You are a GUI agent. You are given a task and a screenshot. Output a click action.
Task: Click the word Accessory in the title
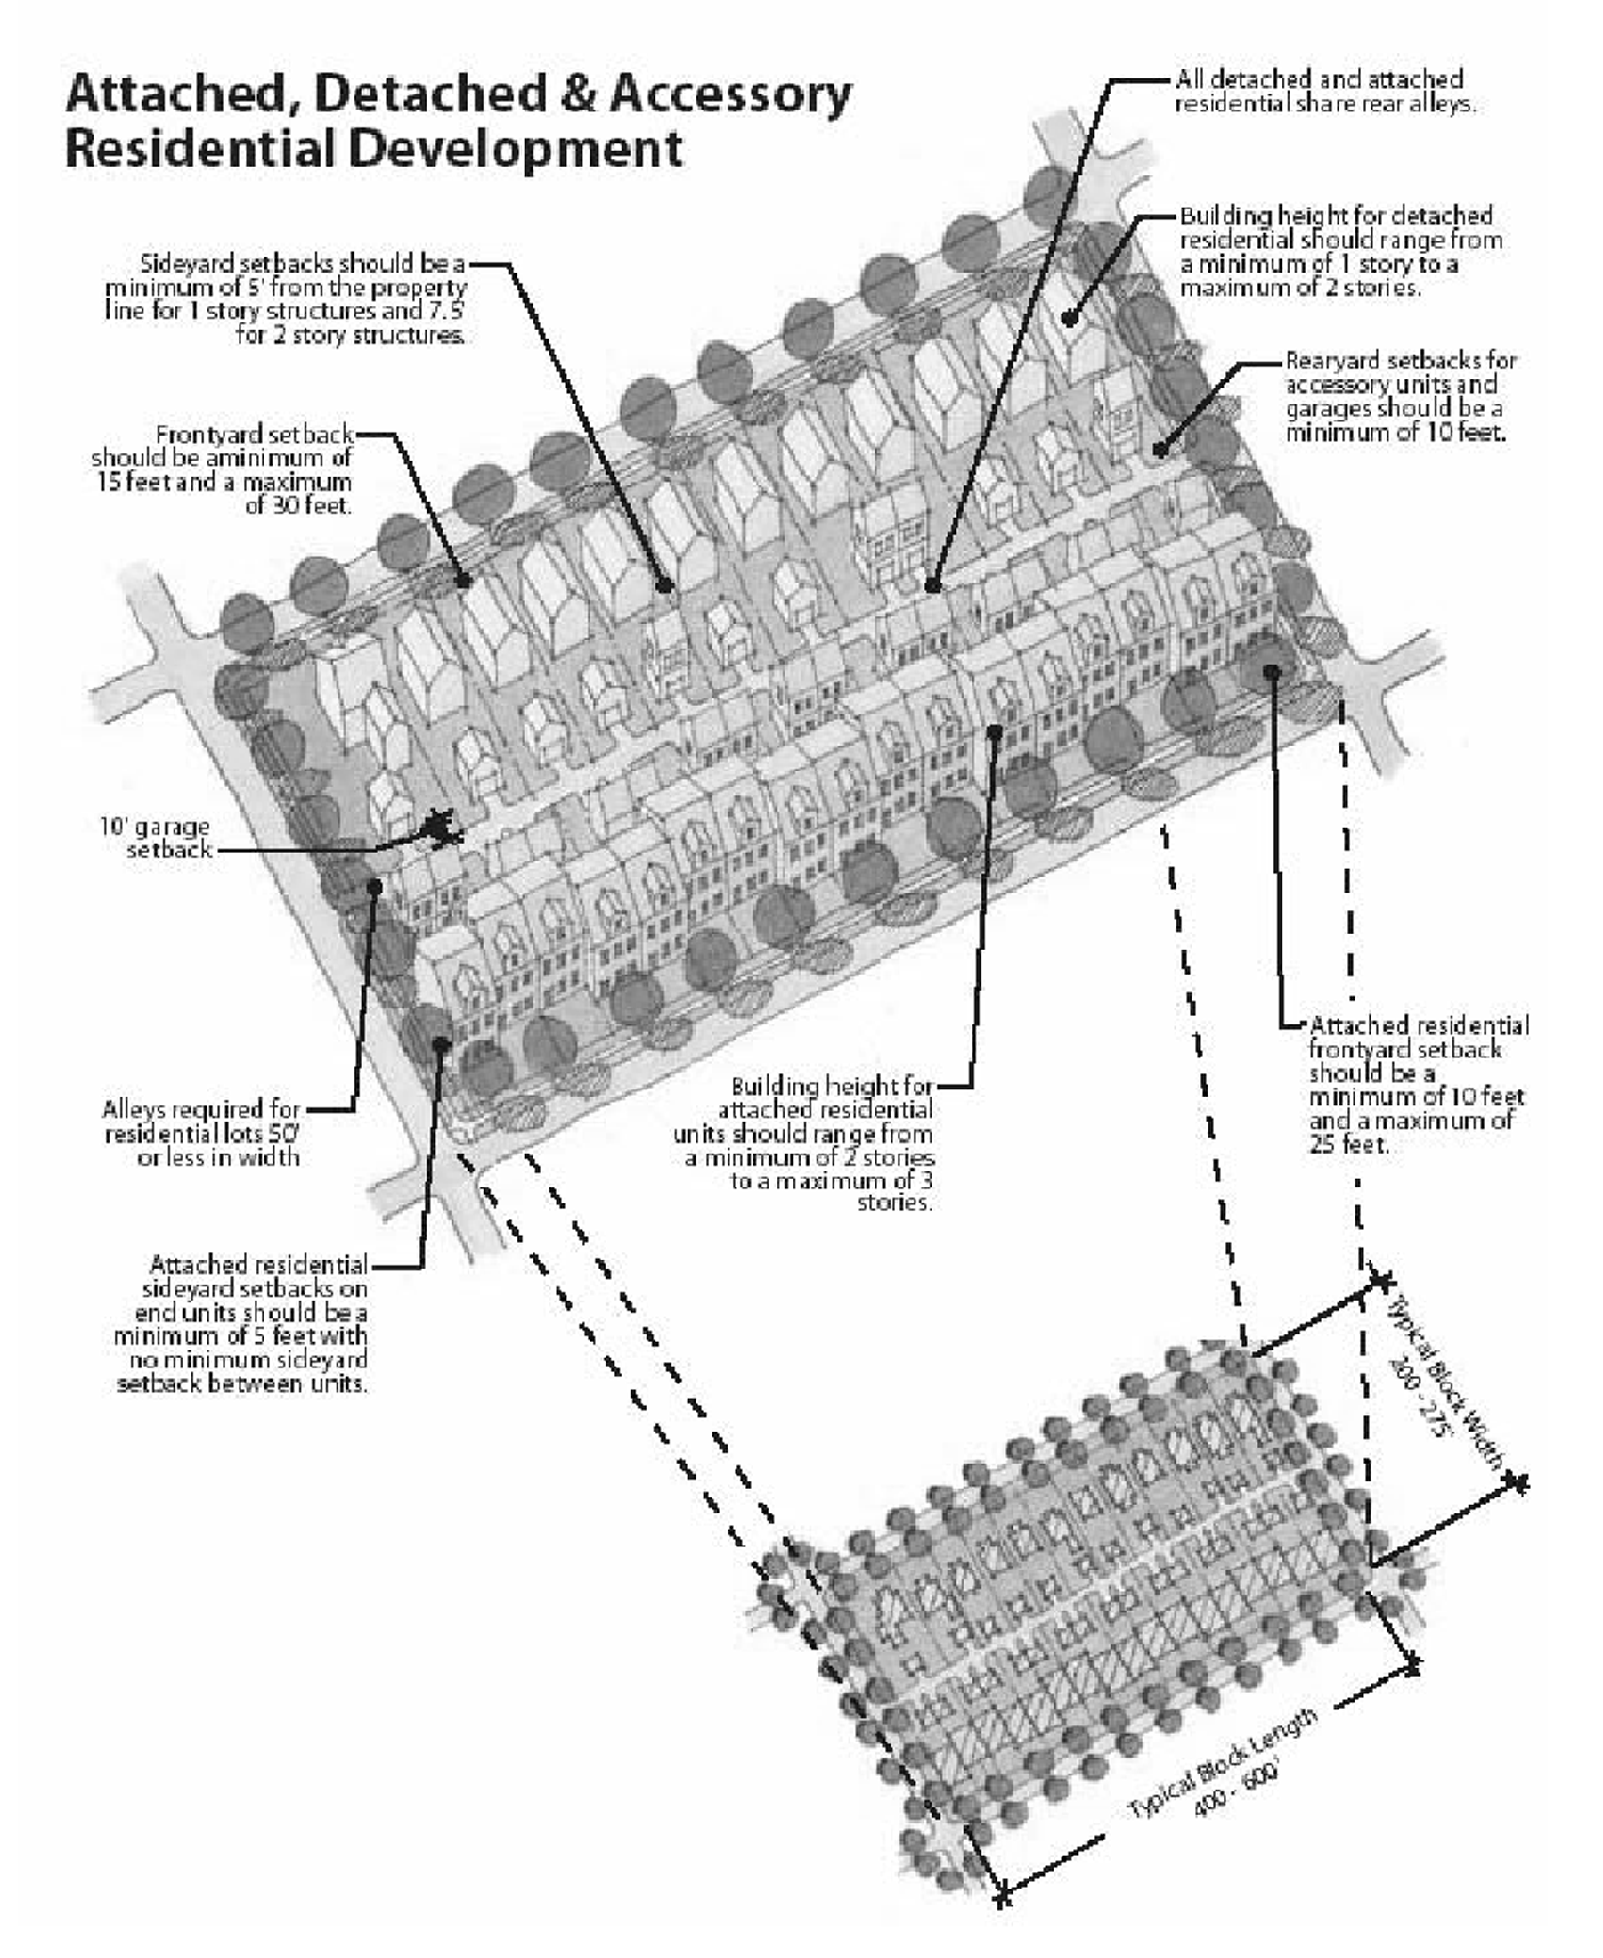click(x=729, y=95)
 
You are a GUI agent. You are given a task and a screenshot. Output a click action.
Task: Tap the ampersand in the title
click(x=577, y=95)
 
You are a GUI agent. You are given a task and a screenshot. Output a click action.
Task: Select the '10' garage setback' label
click(x=156, y=837)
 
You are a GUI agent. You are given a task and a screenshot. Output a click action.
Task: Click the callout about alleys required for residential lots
click(x=202, y=1132)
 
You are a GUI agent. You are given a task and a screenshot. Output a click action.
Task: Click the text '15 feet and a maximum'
click(x=224, y=481)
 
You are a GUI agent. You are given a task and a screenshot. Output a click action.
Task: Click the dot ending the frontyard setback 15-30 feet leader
click(x=464, y=581)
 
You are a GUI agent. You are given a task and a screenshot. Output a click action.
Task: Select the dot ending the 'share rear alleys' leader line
click(x=932, y=585)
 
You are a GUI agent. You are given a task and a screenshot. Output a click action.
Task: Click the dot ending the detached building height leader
click(x=1069, y=319)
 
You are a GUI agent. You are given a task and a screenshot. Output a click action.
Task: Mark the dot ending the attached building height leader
click(x=995, y=732)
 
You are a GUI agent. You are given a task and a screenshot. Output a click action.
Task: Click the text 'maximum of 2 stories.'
click(x=1300, y=287)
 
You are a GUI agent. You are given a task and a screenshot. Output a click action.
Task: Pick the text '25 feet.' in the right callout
click(x=1348, y=1145)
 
